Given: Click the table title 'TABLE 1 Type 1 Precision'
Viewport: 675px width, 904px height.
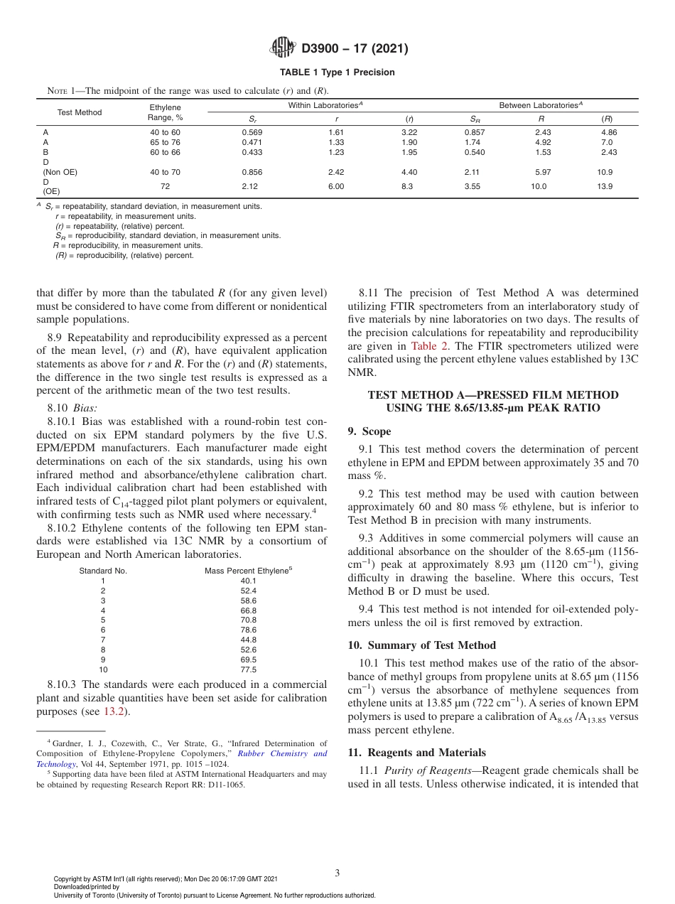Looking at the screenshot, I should (337, 72).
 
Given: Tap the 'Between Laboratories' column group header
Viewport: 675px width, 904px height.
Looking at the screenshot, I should (541, 105).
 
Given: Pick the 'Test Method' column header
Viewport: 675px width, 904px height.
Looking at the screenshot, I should (80, 112).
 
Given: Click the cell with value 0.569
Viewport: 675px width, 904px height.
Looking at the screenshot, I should (252, 132).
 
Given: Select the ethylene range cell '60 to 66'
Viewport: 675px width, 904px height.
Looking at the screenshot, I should (165, 152).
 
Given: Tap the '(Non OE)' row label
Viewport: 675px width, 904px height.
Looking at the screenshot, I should (60, 172).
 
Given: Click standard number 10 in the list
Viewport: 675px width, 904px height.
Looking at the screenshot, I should (103, 669).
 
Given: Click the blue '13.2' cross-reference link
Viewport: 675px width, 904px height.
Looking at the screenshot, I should (114, 710).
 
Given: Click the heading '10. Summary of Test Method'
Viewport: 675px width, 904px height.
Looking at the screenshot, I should (412, 645).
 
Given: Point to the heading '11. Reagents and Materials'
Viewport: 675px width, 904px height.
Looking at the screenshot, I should (416, 753).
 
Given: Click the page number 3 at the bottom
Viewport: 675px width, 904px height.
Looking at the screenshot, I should (337, 873).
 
